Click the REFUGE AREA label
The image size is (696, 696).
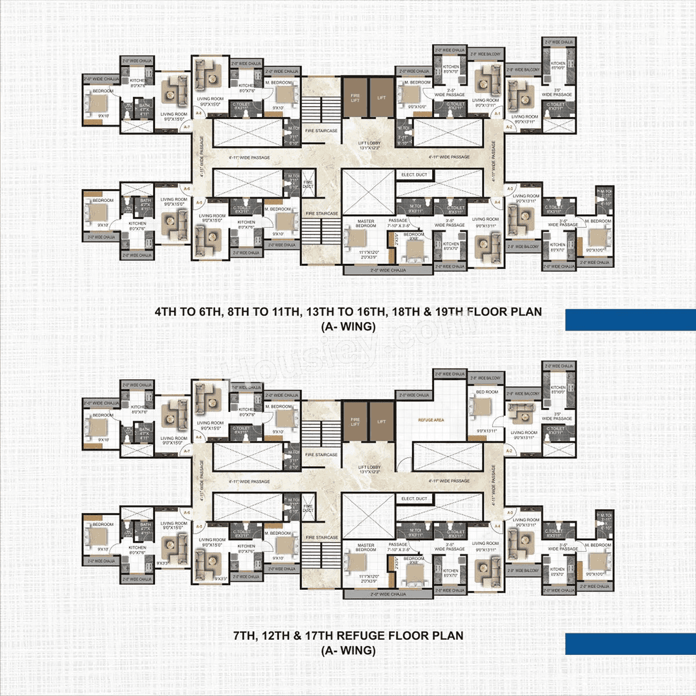pos(431,420)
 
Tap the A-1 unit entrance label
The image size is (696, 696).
pos(498,114)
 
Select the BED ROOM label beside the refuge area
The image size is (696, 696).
pos(487,392)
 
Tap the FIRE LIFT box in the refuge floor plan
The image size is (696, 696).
pos(355,422)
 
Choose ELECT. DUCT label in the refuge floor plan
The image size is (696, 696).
pos(414,498)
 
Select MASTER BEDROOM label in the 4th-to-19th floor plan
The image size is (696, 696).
pos(366,223)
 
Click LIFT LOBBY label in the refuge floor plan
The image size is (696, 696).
pos(369,469)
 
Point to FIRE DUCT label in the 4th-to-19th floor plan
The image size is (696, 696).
pos(308,184)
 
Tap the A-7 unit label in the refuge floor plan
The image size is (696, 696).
pos(186,451)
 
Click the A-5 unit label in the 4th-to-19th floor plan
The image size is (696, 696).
pos(199,202)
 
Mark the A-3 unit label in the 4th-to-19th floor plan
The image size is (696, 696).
pos(510,189)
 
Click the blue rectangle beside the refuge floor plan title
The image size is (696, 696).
pos(630,644)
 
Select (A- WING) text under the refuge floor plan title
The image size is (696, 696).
pos(348,651)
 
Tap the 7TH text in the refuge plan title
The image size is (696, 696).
pos(244,636)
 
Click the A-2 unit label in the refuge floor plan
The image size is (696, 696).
pos(509,451)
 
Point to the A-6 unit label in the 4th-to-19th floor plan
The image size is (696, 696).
pos(186,189)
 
